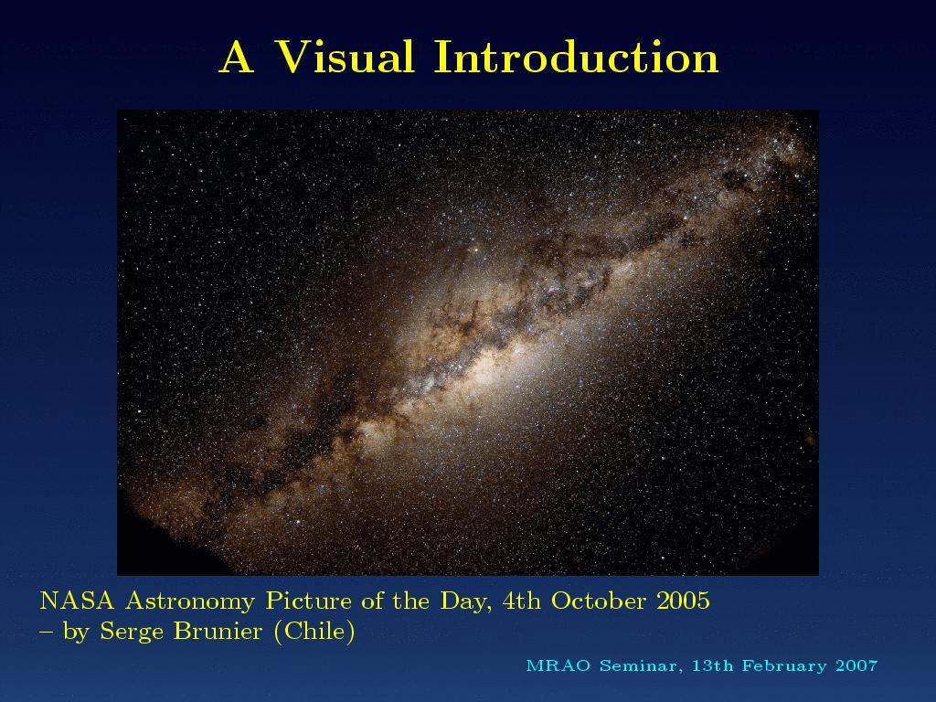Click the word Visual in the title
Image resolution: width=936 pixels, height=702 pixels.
click(x=345, y=57)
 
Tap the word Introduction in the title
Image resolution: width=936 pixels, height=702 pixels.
click(x=577, y=57)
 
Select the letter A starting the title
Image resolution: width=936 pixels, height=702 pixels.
click(x=237, y=58)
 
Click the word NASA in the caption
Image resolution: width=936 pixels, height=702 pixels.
click(x=77, y=601)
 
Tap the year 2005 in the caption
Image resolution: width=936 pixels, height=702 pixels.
click(x=684, y=601)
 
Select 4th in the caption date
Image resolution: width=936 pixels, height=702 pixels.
click(x=521, y=601)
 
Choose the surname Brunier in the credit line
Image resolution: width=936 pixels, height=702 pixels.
click(x=218, y=631)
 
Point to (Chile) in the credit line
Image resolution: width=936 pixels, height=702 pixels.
click(x=314, y=632)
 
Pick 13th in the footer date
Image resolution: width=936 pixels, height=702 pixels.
click(x=712, y=665)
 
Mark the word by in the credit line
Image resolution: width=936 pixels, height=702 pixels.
click(x=76, y=633)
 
